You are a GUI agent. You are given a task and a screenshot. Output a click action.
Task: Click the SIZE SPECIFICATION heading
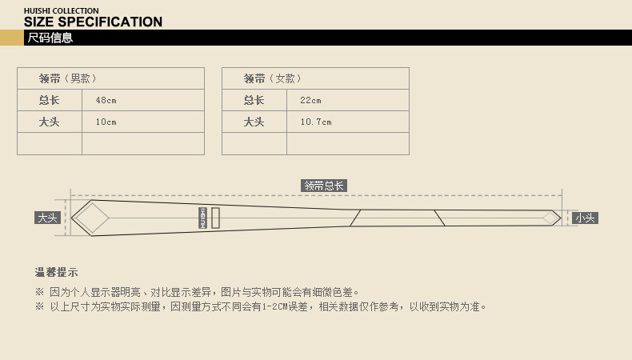[x=93, y=22]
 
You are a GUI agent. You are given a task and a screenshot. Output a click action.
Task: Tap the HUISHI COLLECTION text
[x=62, y=10]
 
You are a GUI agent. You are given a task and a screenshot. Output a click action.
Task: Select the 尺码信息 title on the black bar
[x=50, y=38]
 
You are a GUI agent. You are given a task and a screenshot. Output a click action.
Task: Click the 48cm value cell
[x=106, y=100]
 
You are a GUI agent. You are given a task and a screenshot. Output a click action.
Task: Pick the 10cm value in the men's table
[x=106, y=122]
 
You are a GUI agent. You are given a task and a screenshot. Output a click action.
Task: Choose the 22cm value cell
[x=311, y=100]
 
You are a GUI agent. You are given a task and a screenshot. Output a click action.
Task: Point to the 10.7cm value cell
[x=316, y=122]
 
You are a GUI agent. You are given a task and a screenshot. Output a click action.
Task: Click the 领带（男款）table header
[x=68, y=78]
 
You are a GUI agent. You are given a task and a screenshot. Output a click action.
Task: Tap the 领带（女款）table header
[x=273, y=78]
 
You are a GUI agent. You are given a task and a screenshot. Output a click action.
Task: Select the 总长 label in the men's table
[x=50, y=100]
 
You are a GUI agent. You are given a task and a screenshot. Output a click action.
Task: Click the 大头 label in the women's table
[x=254, y=122]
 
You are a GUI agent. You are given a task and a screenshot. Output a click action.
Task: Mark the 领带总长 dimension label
[x=324, y=186]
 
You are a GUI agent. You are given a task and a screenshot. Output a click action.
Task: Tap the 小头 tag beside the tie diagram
[x=585, y=218]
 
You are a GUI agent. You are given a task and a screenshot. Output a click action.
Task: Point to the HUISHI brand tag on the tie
[x=203, y=218]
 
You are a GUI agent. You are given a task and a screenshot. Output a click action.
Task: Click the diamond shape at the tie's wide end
[x=90, y=217]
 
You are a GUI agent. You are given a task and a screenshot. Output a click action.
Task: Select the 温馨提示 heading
[x=57, y=272]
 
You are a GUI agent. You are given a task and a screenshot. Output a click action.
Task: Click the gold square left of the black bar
[x=10, y=38]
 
